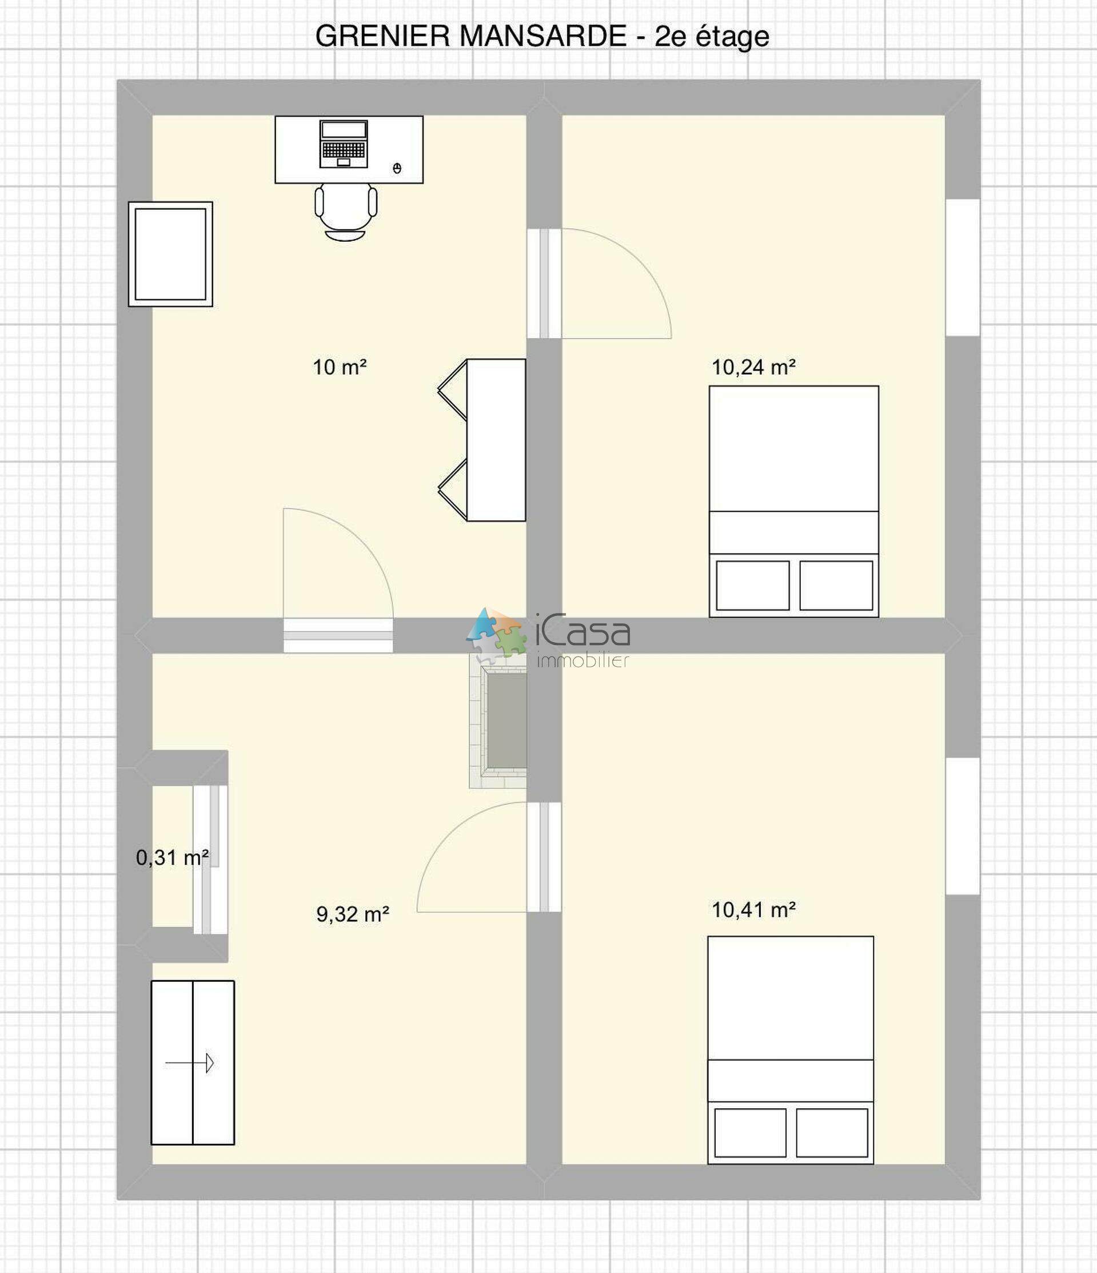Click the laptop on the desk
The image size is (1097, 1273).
tap(344, 144)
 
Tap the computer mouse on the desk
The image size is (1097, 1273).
tap(397, 168)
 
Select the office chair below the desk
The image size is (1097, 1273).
tap(346, 210)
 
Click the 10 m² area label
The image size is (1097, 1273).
tap(340, 367)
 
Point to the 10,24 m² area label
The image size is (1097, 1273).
tap(753, 367)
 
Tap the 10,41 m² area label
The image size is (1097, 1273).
tap(753, 909)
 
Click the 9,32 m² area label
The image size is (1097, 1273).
tap(353, 914)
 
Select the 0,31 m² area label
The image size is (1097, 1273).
tap(172, 857)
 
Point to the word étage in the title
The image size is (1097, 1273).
tap(732, 37)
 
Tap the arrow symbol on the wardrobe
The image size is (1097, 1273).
tap(190, 1063)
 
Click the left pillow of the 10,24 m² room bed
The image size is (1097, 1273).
tap(752, 586)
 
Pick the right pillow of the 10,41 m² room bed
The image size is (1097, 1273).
tap(832, 1132)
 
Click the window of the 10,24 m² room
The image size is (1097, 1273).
tap(963, 267)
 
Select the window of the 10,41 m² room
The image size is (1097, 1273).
tap(963, 826)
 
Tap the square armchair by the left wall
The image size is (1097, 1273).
tap(171, 254)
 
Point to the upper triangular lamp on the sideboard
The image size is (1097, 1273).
tap(453, 389)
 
